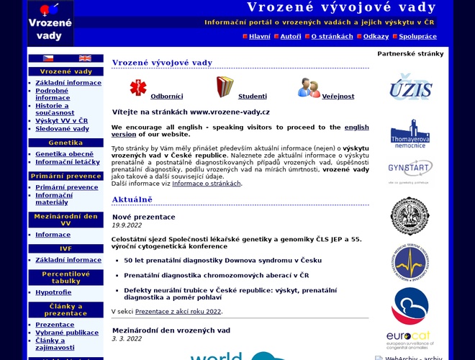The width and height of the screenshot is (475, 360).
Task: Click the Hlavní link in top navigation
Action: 260,36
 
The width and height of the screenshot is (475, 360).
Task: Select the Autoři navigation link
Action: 291,36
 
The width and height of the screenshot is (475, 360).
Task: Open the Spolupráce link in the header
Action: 417,36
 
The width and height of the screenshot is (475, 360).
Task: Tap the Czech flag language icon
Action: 48,58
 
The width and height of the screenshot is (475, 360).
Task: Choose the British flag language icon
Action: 85,58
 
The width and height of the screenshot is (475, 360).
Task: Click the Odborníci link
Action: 166,96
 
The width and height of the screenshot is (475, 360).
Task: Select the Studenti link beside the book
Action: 252,96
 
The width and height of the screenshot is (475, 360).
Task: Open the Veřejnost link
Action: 338,96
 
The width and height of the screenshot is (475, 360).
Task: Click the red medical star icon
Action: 137,88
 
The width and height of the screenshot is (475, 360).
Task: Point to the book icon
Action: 225,87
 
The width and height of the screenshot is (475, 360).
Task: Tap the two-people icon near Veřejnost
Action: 309,88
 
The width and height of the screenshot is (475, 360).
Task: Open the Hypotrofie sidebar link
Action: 53,292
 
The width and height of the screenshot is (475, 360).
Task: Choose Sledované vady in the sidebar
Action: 62,129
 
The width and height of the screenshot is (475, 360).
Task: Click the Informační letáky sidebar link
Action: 68,162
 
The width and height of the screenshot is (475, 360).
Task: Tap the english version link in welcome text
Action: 356,127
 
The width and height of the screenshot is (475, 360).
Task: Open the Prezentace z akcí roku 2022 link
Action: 178,311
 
